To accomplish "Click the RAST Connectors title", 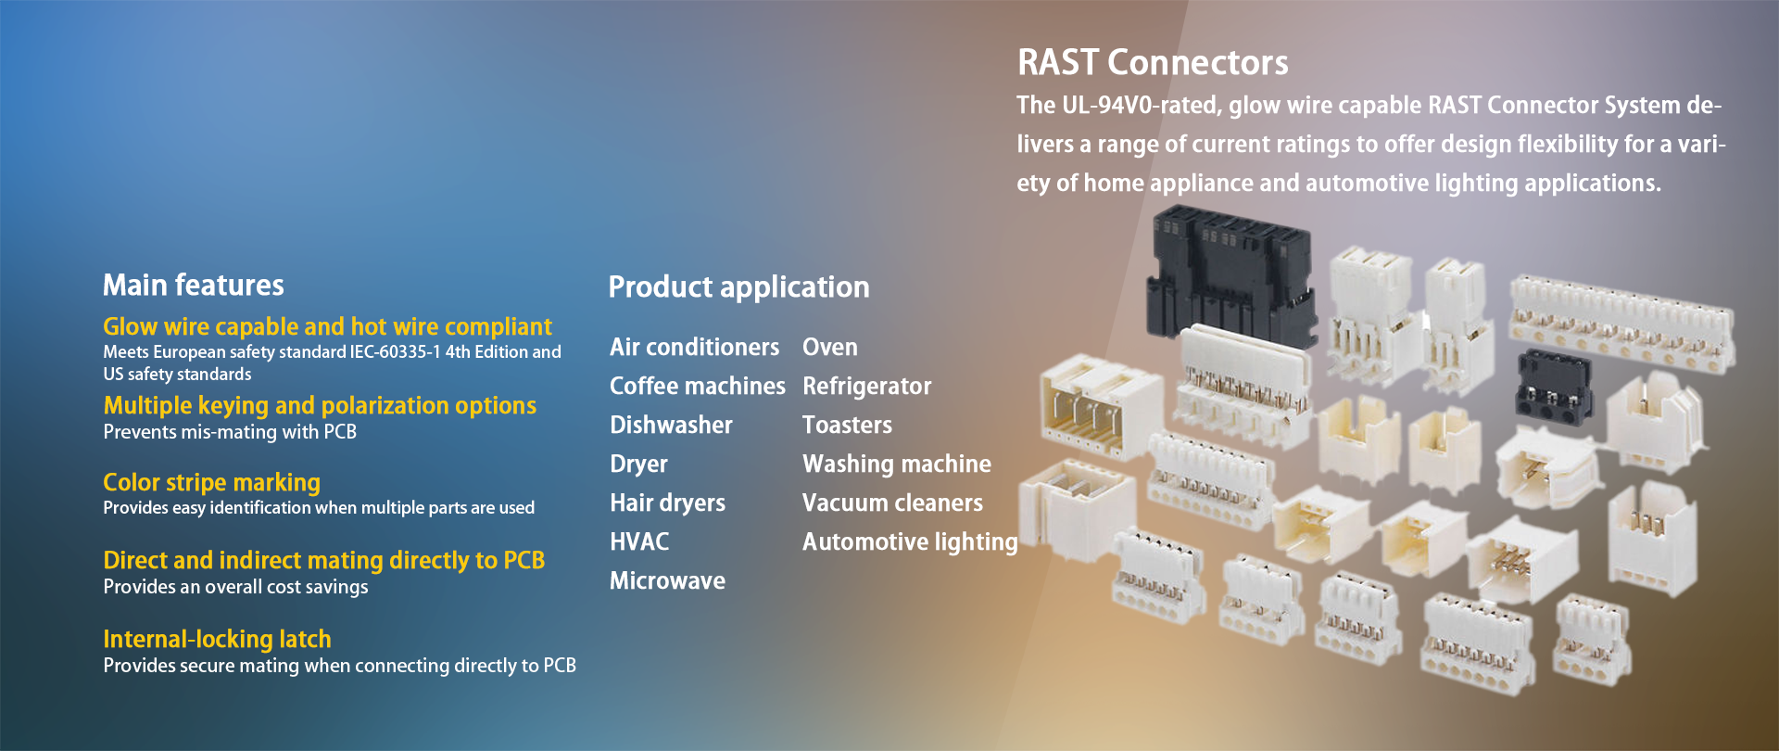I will (x=1152, y=63).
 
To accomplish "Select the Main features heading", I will (x=193, y=285).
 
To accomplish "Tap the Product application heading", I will (x=738, y=287).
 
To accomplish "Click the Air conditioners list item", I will (x=694, y=348).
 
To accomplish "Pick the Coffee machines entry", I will (x=697, y=387).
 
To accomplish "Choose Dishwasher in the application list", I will (x=671, y=426).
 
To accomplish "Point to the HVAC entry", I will (x=639, y=542).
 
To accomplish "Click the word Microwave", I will (x=667, y=581).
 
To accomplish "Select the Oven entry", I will (x=829, y=348).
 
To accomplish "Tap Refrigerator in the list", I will (x=866, y=387).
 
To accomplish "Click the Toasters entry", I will (x=847, y=426).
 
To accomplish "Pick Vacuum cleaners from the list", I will (x=892, y=503).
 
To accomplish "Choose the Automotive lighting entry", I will (x=909, y=542).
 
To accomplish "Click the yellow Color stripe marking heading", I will (x=211, y=483).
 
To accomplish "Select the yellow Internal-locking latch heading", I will (x=217, y=640).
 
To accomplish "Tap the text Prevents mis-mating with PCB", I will (x=230, y=432).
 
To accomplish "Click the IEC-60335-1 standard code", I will (x=395, y=352).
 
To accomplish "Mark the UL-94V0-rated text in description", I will (x=1142, y=106).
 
